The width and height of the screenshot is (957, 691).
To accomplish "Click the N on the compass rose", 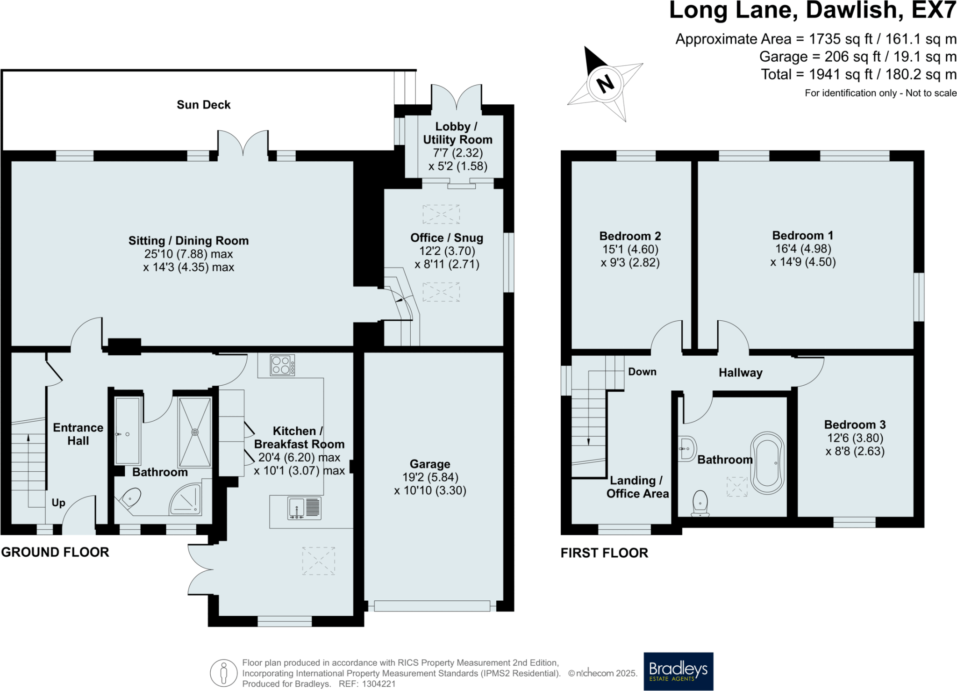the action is pos(606,84).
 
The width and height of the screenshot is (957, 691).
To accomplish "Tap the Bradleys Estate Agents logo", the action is pos(678,671).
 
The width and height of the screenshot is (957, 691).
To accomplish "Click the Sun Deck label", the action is pos(204,105).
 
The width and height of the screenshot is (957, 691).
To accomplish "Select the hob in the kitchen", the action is pos(282,365).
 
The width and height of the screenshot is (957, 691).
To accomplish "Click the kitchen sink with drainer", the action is pos(304,509).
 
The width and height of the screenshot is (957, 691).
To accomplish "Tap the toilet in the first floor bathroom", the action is pos(700,504).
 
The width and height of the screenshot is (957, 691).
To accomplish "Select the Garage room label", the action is pos(430,464).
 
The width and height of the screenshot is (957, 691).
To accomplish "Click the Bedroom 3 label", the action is pos(855,425).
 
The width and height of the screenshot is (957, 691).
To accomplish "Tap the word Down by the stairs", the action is pos(642,372).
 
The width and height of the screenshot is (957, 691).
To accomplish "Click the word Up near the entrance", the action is pos(58,503).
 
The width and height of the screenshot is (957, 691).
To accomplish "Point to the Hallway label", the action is pos(740,373).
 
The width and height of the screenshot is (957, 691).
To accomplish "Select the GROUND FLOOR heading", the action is pos(55,552).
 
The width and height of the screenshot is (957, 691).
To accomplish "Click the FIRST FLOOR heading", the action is pos(604,553).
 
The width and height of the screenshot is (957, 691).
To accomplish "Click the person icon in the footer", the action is pos(224,673).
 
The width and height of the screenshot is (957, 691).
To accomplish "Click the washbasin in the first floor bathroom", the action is pos(687,449).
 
